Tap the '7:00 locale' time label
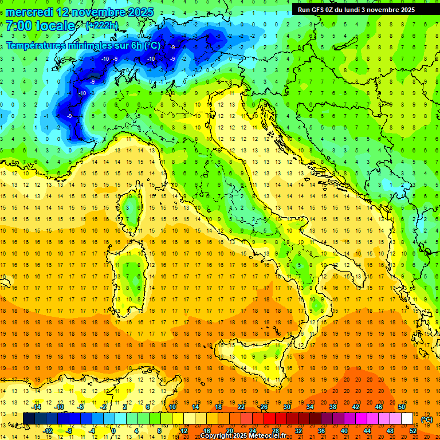click(x=41, y=26)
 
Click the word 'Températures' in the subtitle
click(x=39, y=46)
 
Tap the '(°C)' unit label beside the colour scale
click(x=427, y=419)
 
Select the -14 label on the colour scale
click(x=36, y=407)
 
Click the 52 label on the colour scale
click(x=413, y=431)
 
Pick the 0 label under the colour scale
click(x=114, y=431)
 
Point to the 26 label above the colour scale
click(x=264, y=407)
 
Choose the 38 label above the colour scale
click(x=332, y=407)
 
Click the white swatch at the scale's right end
click(x=407, y=419)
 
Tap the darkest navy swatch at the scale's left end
click(x=29, y=419)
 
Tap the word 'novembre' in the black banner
click(x=384, y=10)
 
